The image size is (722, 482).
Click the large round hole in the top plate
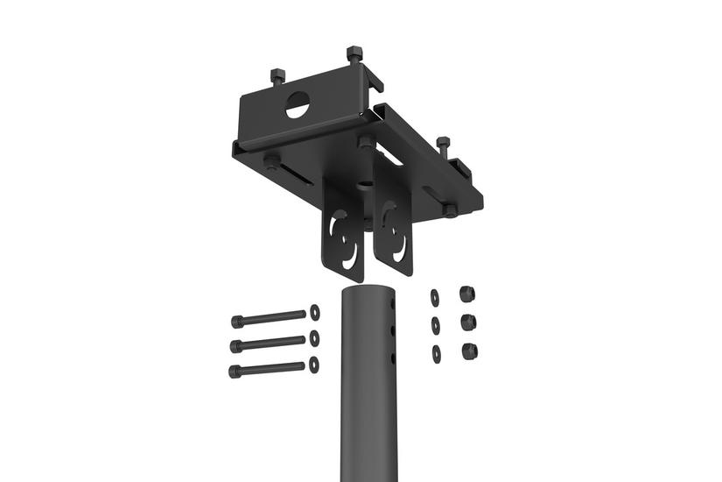(x=298, y=106)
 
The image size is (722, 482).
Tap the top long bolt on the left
(x=267, y=318)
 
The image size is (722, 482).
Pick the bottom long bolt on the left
(x=267, y=369)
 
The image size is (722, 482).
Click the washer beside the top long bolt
(x=315, y=312)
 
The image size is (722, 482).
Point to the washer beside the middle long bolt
(x=315, y=338)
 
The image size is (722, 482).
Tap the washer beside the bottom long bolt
(x=314, y=364)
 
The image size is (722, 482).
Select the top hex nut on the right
(x=466, y=294)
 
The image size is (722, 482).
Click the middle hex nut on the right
(x=467, y=322)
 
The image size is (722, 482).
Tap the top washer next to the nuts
(x=435, y=298)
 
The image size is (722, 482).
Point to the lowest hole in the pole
(x=393, y=358)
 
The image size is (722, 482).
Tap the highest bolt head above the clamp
(x=354, y=54)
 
